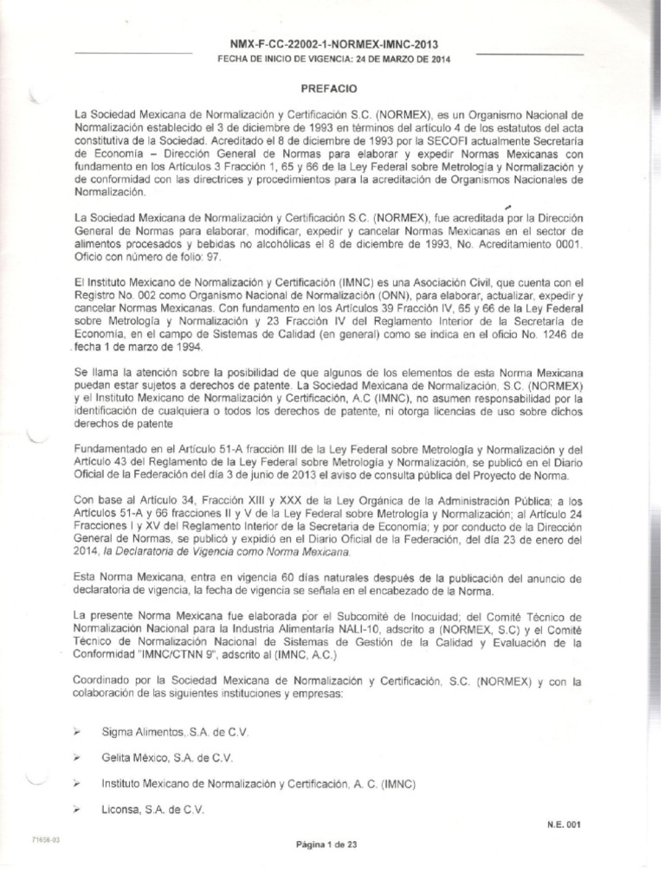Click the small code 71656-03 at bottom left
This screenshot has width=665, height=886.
(x=45, y=840)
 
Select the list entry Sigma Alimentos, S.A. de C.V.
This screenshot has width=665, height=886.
(x=176, y=732)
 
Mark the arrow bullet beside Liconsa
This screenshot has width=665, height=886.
(x=79, y=810)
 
